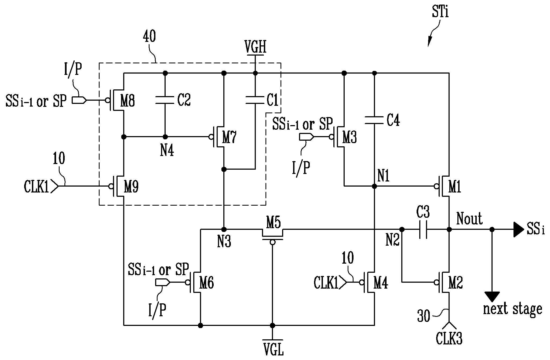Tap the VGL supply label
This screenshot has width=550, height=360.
273,350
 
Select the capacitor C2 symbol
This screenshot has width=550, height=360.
165,100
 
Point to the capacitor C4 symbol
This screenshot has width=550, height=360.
374,120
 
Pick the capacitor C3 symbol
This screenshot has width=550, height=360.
423,230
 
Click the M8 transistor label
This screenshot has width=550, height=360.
128,101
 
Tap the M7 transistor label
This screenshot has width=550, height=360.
229,137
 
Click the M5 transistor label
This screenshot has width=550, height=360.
274,223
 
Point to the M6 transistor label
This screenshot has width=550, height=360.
206,283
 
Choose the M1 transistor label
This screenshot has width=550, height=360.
455,187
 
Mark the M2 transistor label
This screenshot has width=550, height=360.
456,283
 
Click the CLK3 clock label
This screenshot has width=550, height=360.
449,338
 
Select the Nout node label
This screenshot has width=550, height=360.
469,219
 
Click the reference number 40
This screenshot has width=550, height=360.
149,37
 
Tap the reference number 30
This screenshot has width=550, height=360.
424,316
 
